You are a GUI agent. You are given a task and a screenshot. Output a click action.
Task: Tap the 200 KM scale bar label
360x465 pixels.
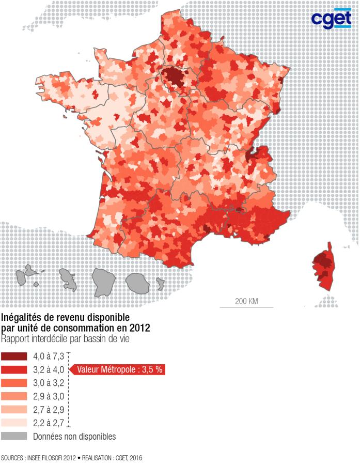click(246, 301)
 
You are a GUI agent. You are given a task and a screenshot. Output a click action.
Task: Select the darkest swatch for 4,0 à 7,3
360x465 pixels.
click(14, 356)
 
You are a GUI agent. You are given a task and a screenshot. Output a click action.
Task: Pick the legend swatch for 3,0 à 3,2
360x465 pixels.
click(14, 383)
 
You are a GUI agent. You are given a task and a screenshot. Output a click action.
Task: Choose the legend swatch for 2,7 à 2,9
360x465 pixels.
click(14, 409)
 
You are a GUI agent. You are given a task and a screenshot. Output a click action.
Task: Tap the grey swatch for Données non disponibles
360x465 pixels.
click(14, 436)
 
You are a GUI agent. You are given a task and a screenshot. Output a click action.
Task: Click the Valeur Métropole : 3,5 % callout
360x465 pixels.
click(119, 369)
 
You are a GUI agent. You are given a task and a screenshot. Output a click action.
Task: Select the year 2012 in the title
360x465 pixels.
click(140, 328)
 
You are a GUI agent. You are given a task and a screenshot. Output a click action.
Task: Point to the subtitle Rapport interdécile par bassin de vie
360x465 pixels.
click(65, 339)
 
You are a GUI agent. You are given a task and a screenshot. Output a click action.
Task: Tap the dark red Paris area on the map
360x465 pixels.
click(174, 77)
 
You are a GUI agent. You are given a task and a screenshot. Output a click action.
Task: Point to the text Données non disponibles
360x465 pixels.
click(74, 437)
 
